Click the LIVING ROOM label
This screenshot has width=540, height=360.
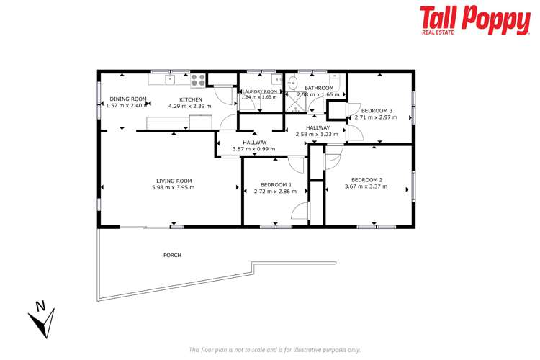[x=174, y=181]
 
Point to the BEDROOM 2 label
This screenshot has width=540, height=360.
[x=366, y=179]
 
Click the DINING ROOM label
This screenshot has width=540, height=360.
[x=128, y=99]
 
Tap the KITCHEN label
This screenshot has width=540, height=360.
[x=191, y=99]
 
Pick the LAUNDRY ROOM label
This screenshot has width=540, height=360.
[x=260, y=92]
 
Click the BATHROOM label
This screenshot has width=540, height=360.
[x=319, y=88]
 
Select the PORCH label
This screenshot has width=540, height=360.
[x=172, y=255]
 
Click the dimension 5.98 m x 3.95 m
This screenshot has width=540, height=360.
[x=174, y=187]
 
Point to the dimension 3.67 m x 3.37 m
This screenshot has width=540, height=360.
[x=366, y=186]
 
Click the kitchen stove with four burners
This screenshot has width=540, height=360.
[x=198, y=81]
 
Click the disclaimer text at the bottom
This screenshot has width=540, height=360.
[x=274, y=349]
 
